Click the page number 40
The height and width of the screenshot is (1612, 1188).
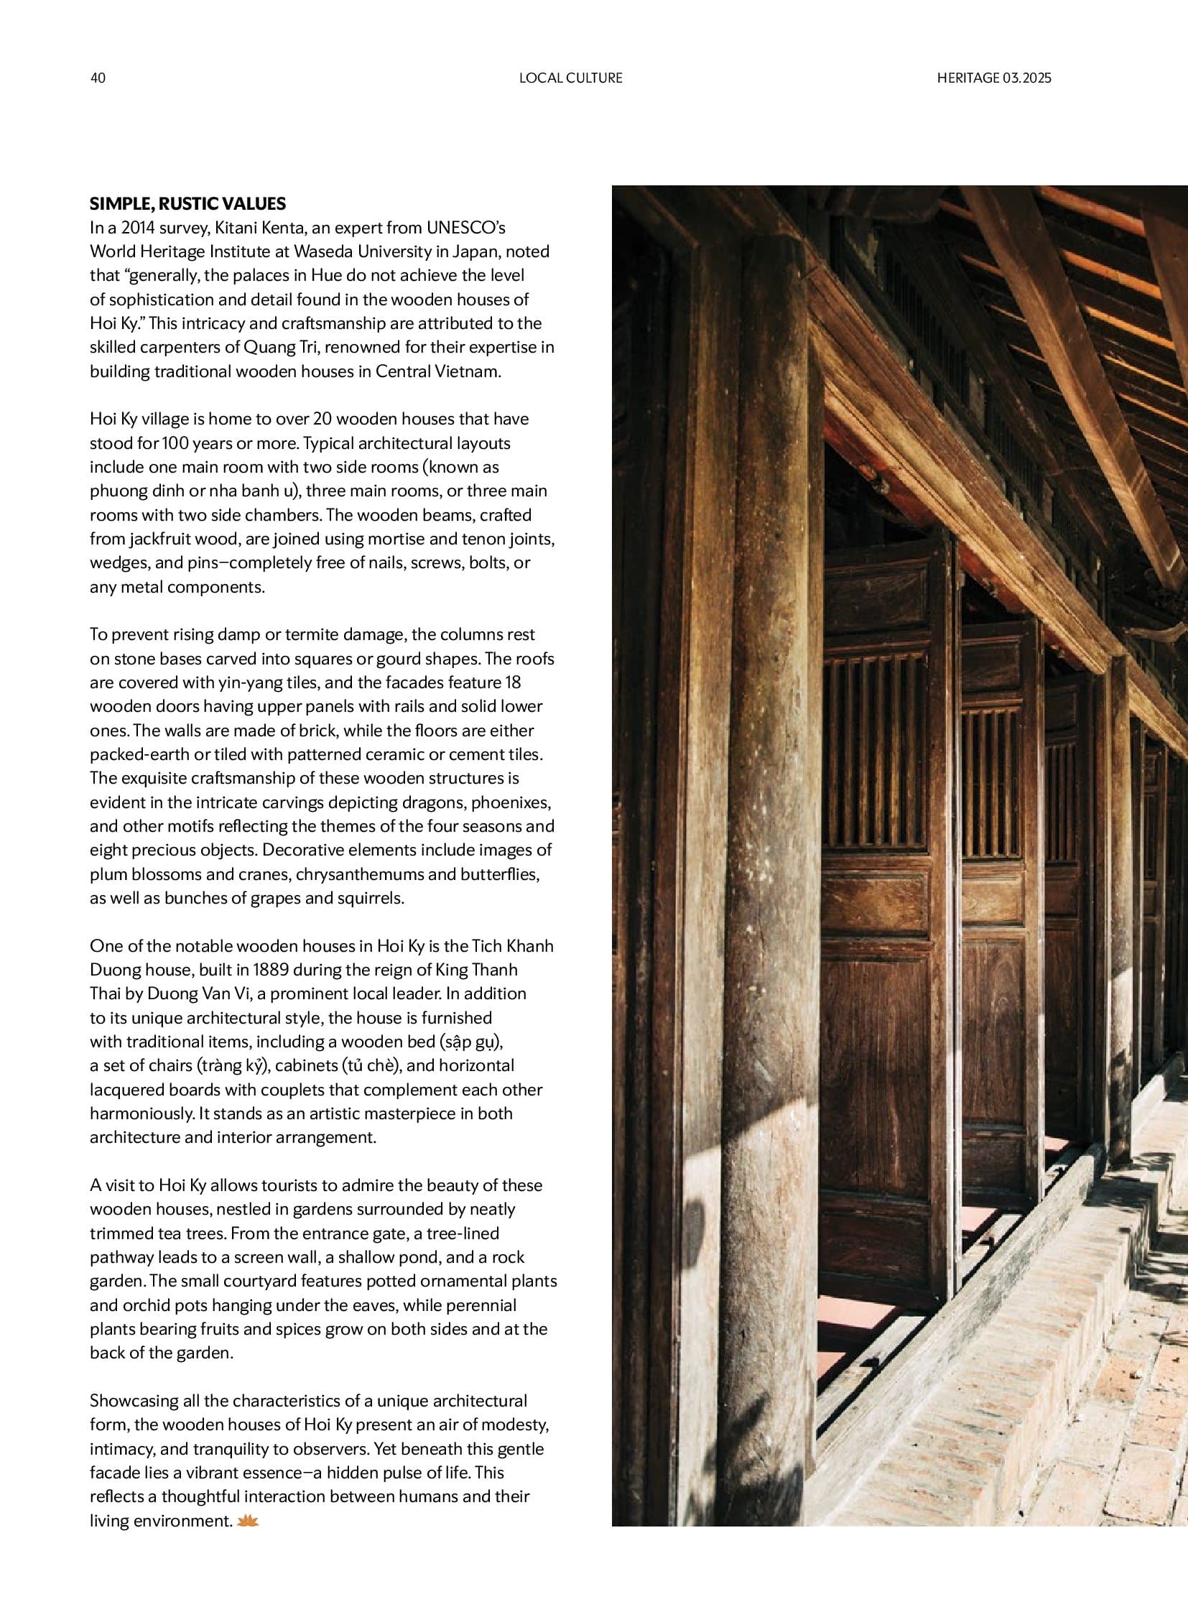[x=98, y=78]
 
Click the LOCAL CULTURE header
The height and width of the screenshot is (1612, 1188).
[x=570, y=78]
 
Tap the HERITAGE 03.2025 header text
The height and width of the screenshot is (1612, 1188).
[x=993, y=78]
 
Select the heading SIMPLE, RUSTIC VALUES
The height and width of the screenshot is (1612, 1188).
[x=187, y=203]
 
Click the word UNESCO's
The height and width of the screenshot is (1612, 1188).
[x=466, y=228]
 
